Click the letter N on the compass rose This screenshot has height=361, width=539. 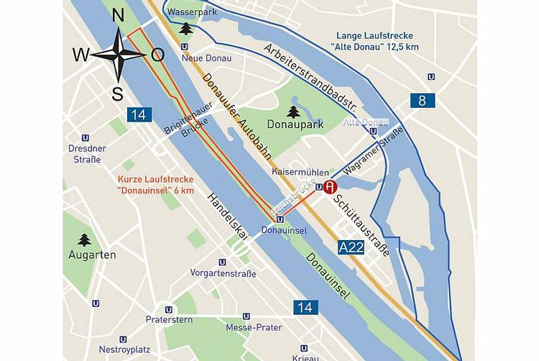[119, 16]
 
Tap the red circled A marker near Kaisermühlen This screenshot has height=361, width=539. [330, 188]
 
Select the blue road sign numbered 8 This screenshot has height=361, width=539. [422, 100]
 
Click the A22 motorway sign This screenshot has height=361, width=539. [351, 247]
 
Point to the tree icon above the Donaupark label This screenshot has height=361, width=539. [293, 111]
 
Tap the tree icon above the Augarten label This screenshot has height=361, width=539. [85, 239]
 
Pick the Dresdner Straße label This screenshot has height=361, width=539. [86, 154]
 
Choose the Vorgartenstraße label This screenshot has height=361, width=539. [223, 273]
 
